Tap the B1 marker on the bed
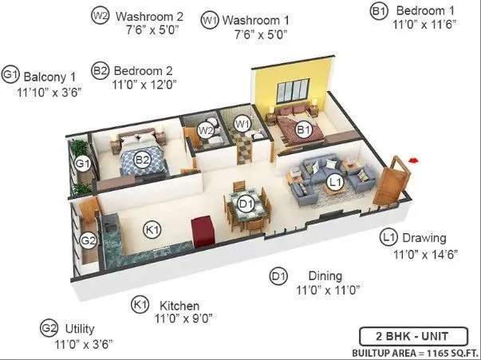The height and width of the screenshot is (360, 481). coord(303,129)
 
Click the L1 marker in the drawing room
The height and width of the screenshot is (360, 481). coord(335,182)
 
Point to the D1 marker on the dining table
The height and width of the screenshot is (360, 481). coord(246,204)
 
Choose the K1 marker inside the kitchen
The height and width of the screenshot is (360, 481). coord(152,230)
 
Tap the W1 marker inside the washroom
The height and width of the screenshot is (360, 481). coord(243,124)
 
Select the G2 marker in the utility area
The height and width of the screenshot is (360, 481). coord(89,239)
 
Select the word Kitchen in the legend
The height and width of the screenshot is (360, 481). coord(179,306)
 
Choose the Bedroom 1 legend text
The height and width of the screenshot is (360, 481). coord(425,10)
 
